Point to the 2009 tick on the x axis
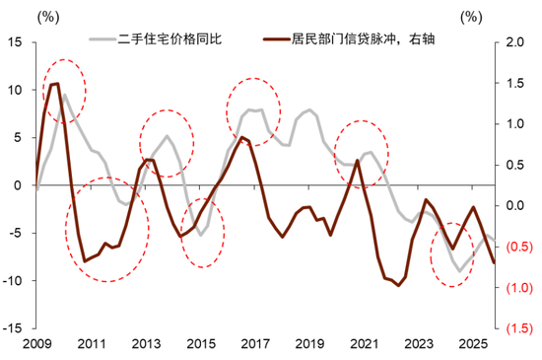36,343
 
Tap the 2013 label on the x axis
145,343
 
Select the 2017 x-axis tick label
253,343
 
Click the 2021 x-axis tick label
362,343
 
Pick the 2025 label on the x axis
470,343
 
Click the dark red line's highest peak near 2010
55,84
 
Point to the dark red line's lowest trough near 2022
398,286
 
